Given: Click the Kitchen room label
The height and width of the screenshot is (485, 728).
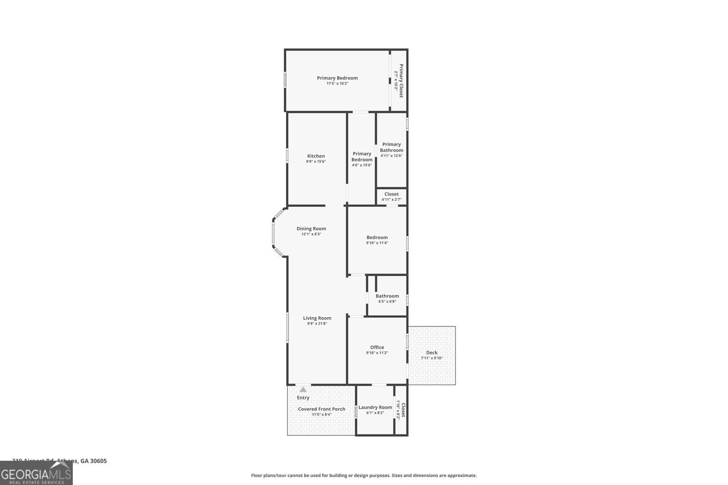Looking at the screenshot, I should click(x=316, y=156).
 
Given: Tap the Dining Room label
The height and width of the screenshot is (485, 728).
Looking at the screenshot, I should click(x=311, y=229).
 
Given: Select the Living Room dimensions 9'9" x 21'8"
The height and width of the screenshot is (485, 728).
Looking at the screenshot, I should click(x=317, y=324).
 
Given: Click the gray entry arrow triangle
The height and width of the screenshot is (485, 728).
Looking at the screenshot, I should click(x=303, y=390).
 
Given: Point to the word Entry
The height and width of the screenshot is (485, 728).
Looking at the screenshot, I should click(x=303, y=398).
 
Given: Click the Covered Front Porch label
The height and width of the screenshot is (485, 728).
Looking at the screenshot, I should click(x=321, y=409).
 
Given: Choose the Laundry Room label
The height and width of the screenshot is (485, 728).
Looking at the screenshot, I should click(x=375, y=407).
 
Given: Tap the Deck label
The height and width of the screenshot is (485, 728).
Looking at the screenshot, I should click(x=431, y=352).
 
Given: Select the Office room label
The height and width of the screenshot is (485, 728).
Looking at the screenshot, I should click(x=377, y=347).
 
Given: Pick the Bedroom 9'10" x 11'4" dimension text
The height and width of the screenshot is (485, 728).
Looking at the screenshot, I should click(x=377, y=243).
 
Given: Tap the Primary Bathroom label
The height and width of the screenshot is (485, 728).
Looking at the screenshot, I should click(x=391, y=147).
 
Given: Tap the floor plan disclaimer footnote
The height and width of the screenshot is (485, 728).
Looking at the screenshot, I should click(x=364, y=475).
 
